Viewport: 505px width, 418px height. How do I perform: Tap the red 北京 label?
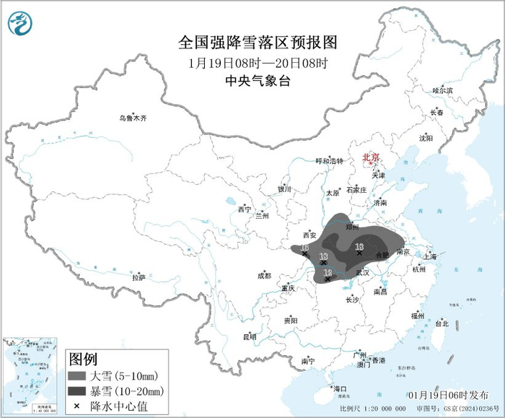coord(370,156)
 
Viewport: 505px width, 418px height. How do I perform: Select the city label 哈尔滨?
coord(442,91)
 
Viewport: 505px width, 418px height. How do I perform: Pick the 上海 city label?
coord(430,256)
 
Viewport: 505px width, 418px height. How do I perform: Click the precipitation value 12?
coord(329,271)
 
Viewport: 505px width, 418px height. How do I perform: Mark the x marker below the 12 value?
coord(328,279)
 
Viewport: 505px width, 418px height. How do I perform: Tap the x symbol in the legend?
coord(78,407)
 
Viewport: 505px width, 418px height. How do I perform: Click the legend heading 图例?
coord(83,360)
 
